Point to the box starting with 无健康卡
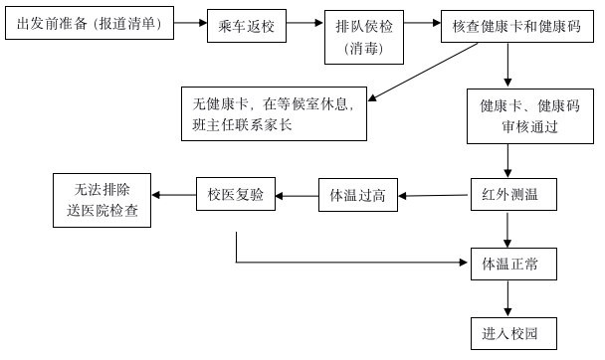(274, 114)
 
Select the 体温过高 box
(357, 195)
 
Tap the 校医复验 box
(236, 195)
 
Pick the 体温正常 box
(509, 264)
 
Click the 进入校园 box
(509, 332)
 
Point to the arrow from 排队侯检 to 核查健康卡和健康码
(418, 22)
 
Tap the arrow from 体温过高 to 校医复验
(296, 195)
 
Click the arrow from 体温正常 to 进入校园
(509, 298)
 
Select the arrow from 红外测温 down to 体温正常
(509, 229)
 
